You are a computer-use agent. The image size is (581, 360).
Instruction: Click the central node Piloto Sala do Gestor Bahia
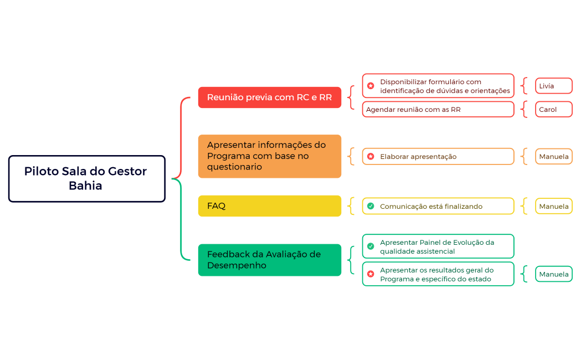(x=86, y=178)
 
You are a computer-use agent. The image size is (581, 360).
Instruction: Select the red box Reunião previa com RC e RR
(x=269, y=97)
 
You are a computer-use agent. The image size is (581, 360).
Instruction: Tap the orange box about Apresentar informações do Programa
(x=269, y=156)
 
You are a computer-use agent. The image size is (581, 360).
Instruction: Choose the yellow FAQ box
(x=269, y=206)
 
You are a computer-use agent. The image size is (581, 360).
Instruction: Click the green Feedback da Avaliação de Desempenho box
(x=269, y=260)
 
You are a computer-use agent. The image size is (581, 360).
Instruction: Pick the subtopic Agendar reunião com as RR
(x=438, y=110)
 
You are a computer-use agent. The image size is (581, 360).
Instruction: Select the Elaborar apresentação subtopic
(x=438, y=157)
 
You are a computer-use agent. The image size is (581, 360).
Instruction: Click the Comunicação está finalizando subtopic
(x=438, y=207)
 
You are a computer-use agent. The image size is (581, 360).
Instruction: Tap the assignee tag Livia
(x=553, y=86)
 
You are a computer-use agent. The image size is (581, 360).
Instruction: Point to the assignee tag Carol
(x=553, y=110)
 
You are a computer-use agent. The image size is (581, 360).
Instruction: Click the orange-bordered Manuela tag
(x=553, y=157)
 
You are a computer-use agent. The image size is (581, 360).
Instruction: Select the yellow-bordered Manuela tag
(x=553, y=207)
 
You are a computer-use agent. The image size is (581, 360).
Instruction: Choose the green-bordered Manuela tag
(x=553, y=274)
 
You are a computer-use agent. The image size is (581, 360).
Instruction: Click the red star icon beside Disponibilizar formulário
(x=371, y=86)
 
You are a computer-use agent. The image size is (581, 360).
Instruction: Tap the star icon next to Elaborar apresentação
(x=371, y=157)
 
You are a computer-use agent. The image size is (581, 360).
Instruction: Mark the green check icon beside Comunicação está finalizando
(x=371, y=207)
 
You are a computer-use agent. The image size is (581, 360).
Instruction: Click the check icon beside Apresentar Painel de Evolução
(x=371, y=246)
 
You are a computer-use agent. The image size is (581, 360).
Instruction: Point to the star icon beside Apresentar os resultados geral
(x=371, y=274)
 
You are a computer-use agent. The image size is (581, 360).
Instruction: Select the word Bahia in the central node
(x=85, y=186)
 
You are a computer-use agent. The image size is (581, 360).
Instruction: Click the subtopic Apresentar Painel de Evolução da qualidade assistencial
(x=438, y=246)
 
